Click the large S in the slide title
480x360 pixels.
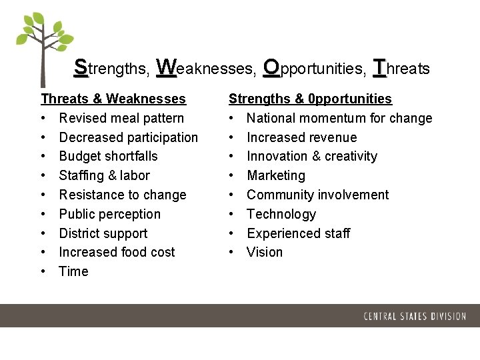click(81, 67)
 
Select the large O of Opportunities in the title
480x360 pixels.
click(271, 67)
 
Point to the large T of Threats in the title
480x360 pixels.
click(380, 67)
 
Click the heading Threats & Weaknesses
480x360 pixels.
click(113, 99)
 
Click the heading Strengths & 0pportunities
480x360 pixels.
click(310, 99)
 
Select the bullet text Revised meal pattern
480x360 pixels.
click(121, 118)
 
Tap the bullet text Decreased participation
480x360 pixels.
click(129, 137)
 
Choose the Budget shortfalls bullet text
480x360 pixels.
click(109, 156)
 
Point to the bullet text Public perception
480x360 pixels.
click(110, 214)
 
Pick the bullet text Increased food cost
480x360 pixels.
click(117, 252)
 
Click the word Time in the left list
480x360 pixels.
click(73, 271)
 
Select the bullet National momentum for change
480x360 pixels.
click(339, 118)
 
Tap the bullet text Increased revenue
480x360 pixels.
click(301, 137)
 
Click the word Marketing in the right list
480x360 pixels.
click(276, 175)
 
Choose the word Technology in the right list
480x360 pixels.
click(281, 214)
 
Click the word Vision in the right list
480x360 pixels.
click(265, 252)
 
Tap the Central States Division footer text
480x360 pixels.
click(415, 316)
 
